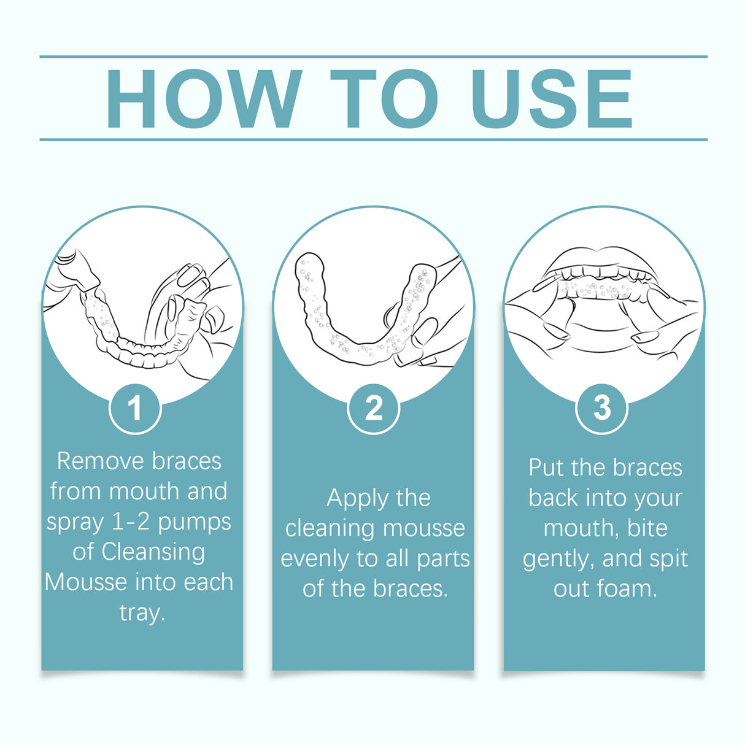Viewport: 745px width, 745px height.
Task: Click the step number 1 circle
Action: point(135,408)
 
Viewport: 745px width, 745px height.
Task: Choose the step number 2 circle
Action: point(373,408)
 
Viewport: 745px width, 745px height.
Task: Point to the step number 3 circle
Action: point(602,407)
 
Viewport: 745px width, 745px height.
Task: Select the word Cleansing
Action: point(153,552)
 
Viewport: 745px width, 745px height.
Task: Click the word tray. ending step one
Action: point(142,612)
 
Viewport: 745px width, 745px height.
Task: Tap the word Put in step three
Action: point(546,468)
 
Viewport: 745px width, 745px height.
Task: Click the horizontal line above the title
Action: point(373,56)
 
